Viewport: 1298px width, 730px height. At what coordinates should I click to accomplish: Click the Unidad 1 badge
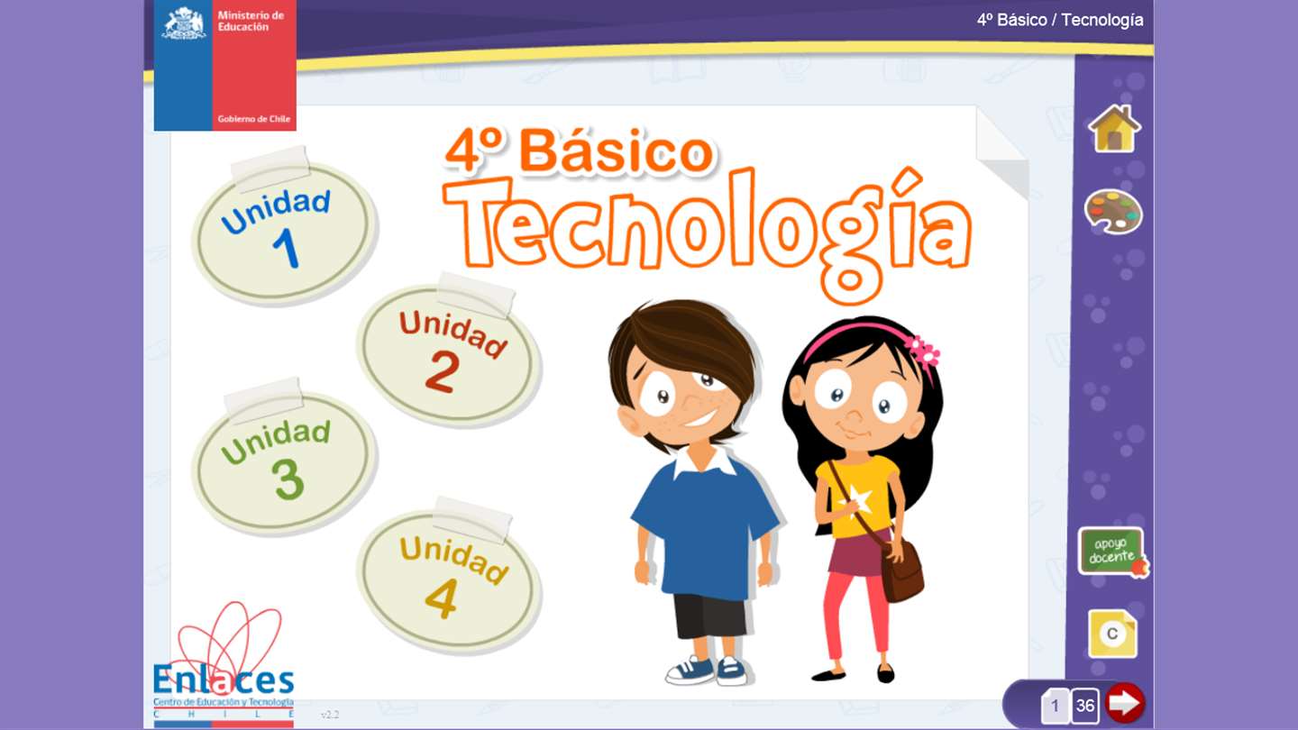tap(284, 231)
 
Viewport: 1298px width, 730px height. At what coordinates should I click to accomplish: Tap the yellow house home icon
tap(1114, 129)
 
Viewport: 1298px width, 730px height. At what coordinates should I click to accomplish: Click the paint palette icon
tap(1113, 212)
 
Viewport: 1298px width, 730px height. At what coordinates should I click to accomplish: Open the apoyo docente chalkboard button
tap(1112, 552)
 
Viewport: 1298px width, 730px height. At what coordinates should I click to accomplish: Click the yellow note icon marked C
tap(1112, 634)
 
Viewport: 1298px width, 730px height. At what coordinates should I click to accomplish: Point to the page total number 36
tap(1084, 705)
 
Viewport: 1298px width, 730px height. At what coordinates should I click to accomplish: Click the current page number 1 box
tap(1055, 705)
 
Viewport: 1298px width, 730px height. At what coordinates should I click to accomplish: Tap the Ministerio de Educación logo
tap(224, 65)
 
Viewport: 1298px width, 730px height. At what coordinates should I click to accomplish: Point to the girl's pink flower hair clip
tap(922, 351)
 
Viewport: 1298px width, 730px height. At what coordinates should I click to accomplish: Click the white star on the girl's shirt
tap(855, 499)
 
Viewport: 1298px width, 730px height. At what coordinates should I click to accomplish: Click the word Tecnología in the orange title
tap(707, 232)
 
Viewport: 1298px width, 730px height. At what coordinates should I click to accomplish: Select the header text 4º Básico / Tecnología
tap(1060, 20)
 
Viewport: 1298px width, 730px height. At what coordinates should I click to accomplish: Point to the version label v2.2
tap(330, 715)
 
